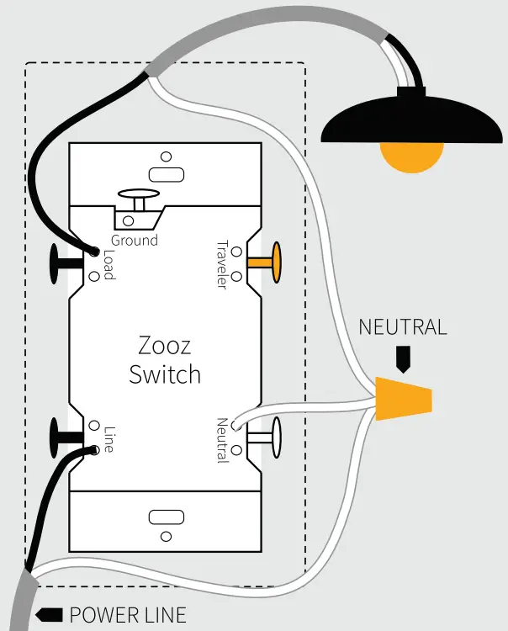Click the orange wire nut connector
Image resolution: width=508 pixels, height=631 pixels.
(405, 399)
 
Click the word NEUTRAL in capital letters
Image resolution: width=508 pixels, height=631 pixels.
(403, 327)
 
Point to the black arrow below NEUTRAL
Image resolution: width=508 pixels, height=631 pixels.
(403, 359)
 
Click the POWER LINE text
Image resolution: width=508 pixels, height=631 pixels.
(127, 615)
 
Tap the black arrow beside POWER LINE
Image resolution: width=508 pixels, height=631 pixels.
(52, 615)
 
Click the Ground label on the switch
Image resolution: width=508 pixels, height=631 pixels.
(135, 241)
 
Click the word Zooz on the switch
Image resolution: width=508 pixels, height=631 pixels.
(165, 346)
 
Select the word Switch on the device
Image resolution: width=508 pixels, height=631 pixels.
(165, 374)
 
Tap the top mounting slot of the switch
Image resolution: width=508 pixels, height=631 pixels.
(164, 174)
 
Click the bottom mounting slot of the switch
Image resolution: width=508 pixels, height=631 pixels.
(164, 517)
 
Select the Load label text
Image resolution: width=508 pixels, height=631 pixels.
(108, 265)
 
